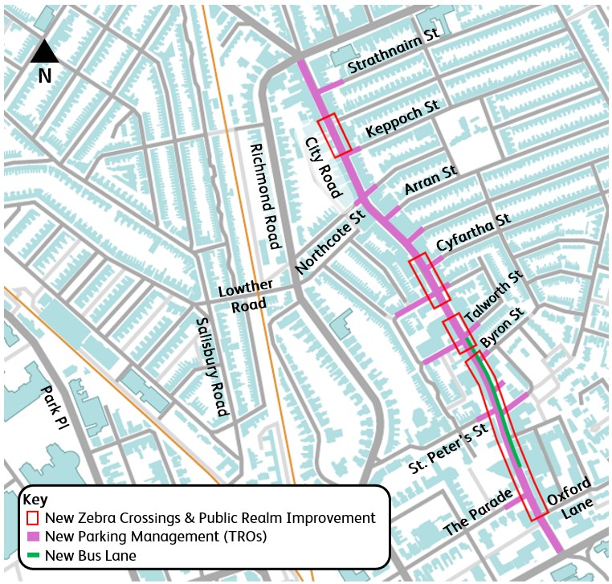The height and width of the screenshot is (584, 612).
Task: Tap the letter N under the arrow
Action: pos(45,76)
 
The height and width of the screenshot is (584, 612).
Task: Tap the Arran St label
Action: pos(430,182)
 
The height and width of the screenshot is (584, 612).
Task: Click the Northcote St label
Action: pos(330,239)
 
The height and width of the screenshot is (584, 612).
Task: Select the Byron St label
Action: pos(502,327)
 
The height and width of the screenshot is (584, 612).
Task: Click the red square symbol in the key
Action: pos(33,517)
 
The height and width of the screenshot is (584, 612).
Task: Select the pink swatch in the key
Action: pos(33,536)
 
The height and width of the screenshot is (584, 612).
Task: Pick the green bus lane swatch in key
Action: pos(33,555)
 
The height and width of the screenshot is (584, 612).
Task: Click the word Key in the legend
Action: pos(36,500)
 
